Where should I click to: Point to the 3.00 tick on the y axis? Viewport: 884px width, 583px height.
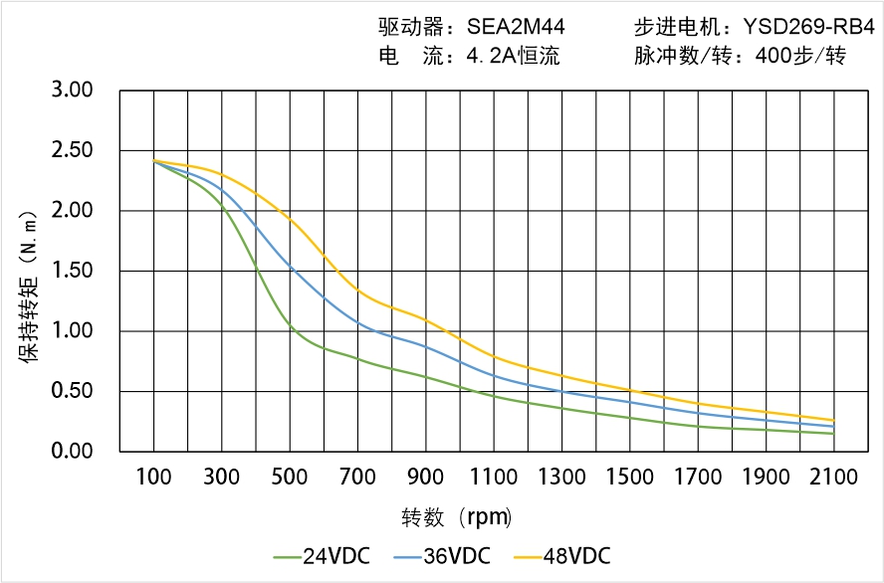tap(72, 91)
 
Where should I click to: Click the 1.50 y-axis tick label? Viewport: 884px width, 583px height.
tap(72, 271)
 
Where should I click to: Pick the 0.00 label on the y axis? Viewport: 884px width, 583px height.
tap(72, 451)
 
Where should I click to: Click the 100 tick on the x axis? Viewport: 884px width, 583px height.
tap(153, 477)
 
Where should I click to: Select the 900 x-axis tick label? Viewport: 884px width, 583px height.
tap(426, 477)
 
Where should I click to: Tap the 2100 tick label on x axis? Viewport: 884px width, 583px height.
tap(834, 477)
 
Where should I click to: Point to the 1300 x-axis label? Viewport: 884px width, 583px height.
tap(561, 477)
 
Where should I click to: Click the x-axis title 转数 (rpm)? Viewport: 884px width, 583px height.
tap(457, 517)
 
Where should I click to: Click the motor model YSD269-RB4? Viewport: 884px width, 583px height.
tap(801, 28)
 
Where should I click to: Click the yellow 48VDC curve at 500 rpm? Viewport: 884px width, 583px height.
tap(290, 220)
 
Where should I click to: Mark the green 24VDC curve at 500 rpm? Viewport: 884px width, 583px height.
tap(290, 325)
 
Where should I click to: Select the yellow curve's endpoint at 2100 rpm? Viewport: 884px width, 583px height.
tap(833, 420)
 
